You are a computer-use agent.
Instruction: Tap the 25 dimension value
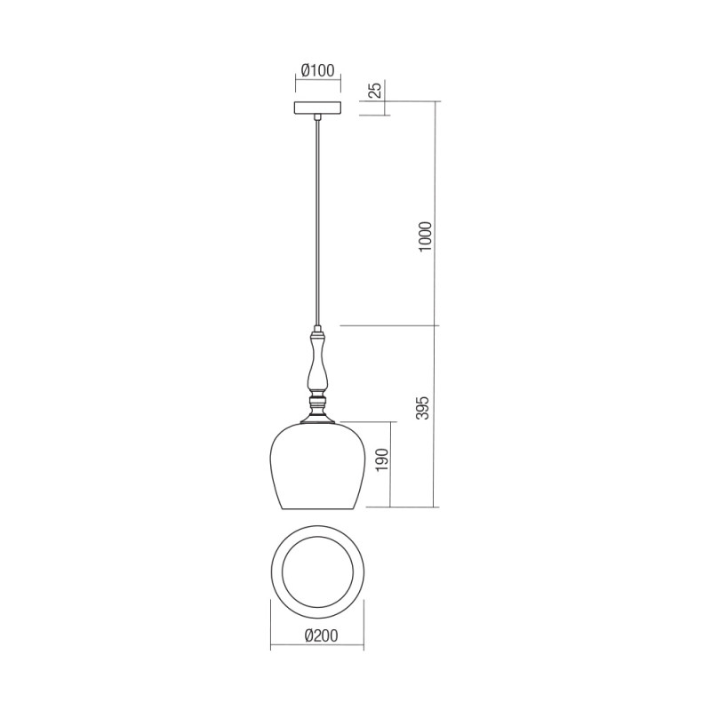click(x=375, y=90)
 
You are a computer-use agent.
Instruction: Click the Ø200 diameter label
click(x=317, y=636)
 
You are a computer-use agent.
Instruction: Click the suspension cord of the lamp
click(x=316, y=222)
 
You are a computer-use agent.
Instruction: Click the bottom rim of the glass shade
click(x=317, y=510)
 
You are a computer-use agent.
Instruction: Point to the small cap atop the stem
click(x=317, y=335)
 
